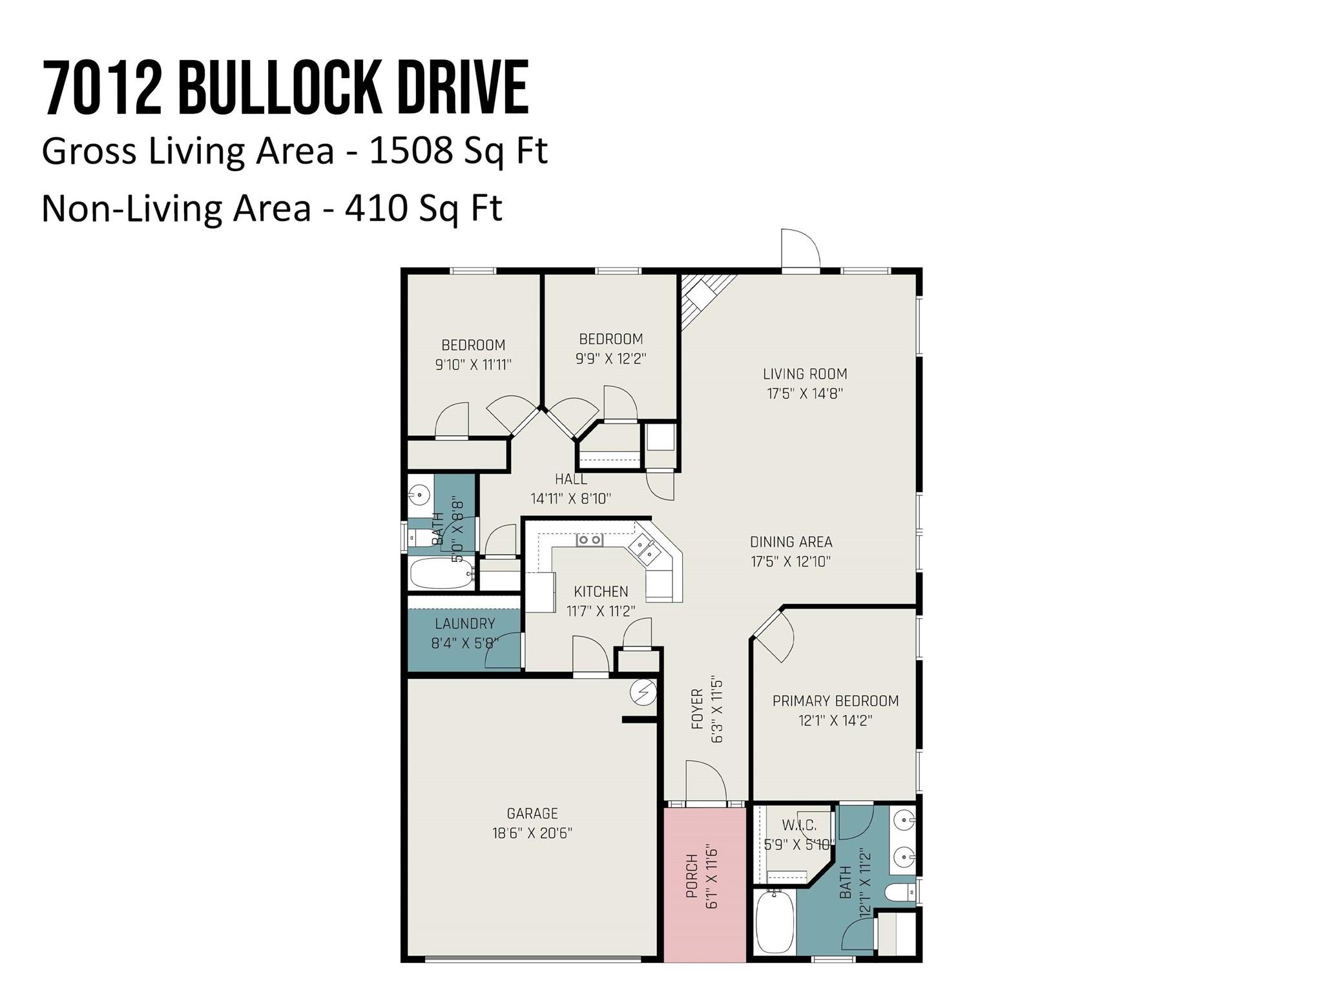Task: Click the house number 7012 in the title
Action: tap(103, 87)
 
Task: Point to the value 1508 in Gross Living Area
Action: tap(411, 150)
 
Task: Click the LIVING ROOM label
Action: tap(805, 374)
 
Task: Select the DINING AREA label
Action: tap(791, 542)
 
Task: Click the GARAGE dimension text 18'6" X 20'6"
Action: tap(532, 833)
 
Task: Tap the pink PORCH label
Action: tap(692, 876)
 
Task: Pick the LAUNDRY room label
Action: tap(465, 624)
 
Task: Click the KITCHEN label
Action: tap(601, 592)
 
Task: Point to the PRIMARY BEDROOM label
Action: tap(835, 701)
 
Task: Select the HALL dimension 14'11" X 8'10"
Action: tap(571, 499)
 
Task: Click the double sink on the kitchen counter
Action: tap(645, 548)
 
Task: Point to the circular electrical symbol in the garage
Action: tap(643, 693)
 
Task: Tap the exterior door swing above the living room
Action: tap(800, 249)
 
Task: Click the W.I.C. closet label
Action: tap(799, 825)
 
